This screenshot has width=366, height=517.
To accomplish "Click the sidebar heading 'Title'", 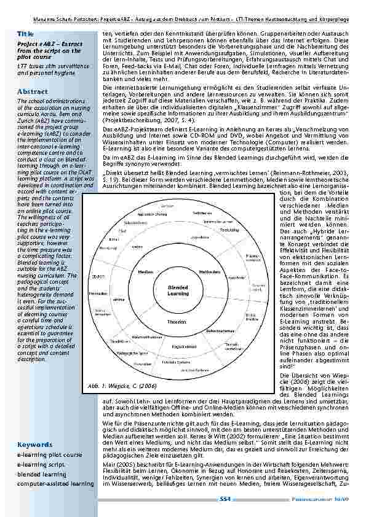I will pos(25,33).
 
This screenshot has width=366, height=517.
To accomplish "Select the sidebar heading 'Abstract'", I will pos(31,91).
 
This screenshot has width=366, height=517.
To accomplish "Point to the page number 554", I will pos(225,500).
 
